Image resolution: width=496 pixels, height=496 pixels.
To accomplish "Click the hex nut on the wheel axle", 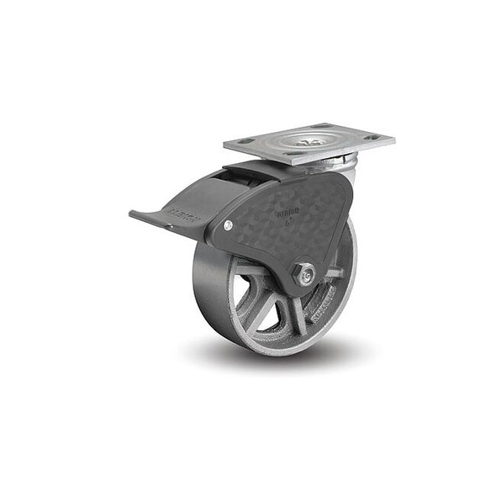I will (305, 272).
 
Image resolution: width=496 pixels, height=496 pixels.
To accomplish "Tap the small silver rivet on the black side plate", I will (229, 224).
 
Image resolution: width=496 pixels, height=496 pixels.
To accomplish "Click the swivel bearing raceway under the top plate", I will (336, 161).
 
